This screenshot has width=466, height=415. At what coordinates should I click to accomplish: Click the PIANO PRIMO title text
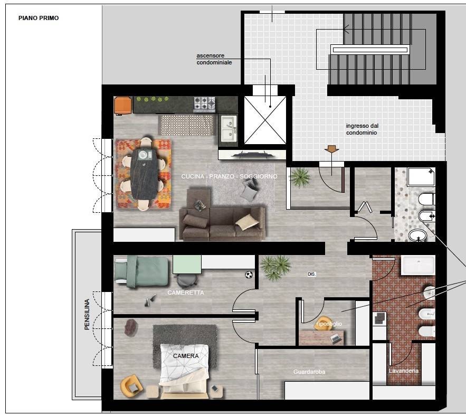pyautogui.click(x=39, y=18)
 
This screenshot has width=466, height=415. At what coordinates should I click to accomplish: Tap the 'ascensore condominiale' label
pyautogui.click(x=214, y=59)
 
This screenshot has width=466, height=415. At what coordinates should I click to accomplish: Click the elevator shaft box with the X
pyautogui.click(x=265, y=120)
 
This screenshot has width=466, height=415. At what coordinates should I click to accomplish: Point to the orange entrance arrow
pyautogui.click(x=331, y=149)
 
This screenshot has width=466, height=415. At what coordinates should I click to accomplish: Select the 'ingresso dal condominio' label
pyautogui.click(x=362, y=129)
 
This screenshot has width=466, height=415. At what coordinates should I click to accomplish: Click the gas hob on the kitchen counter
pyautogui.click(x=204, y=104)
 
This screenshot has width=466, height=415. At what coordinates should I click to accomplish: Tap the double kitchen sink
pyautogui.click(x=229, y=129)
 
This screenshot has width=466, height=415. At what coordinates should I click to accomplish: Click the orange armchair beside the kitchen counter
pyautogui.click(x=123, y=105)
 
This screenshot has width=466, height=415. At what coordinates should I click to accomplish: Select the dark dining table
pyautogui.click(x=144, y=174)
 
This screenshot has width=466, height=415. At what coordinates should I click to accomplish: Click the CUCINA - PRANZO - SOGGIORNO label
pyautogui.click(x=229, y=176)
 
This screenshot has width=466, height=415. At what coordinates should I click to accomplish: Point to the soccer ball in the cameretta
pyautogui.click(x=249, y=275)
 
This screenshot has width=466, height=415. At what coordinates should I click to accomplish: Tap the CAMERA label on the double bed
pyautogui.click(x=186, y=356)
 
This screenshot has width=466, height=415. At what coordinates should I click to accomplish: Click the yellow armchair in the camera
pyautogui.click(x=131, y=385)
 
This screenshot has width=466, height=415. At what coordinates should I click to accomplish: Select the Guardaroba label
pyautogui.click(x=309, y=372)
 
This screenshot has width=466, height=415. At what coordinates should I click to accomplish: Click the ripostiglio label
pyautogui.click(x=329, y=324)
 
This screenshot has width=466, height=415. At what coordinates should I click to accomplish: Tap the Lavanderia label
pyautogui.click(x=403, y=371)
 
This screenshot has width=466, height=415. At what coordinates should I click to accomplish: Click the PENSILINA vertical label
pyautogui.click(x=87, y=314)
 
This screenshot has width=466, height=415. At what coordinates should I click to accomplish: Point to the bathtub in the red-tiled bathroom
pyautogui.click(x=418, y=265)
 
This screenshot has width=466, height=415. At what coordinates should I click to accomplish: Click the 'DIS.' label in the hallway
pyautogui.click(x=312, y=274)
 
